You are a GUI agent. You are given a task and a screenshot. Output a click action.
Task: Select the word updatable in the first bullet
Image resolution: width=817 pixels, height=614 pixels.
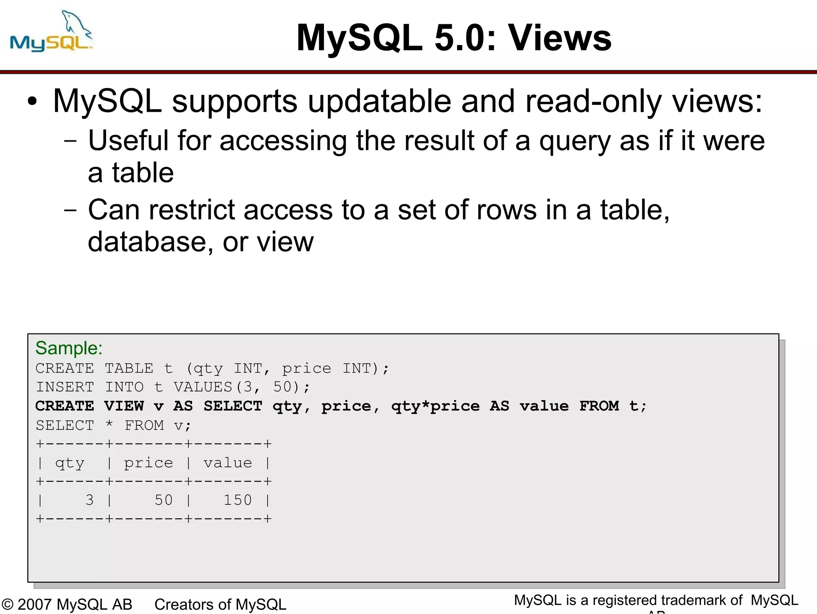pos(379,101)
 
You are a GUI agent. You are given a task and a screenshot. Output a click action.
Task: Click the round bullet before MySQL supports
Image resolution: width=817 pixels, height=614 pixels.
pos(33,101)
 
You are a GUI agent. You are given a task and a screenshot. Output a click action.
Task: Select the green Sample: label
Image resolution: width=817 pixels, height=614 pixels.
pos(69,348)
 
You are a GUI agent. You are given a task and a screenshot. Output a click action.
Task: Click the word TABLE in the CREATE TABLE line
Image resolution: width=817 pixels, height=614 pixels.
pos(129,368)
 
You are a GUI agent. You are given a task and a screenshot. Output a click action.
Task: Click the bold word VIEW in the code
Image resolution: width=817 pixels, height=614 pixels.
pos(124,406)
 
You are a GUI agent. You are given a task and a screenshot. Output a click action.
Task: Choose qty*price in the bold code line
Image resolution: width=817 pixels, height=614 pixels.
pos(435,406)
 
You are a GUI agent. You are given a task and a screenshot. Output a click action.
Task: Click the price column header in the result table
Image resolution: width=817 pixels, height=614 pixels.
pos(148,463)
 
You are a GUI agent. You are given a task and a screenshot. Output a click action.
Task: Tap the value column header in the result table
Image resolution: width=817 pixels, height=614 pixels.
pos(228,463)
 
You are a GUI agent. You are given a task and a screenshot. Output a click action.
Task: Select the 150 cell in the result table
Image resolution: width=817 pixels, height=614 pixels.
pos(237,500)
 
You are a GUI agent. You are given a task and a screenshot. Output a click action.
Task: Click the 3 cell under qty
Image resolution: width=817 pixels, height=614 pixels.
pos(89,500)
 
